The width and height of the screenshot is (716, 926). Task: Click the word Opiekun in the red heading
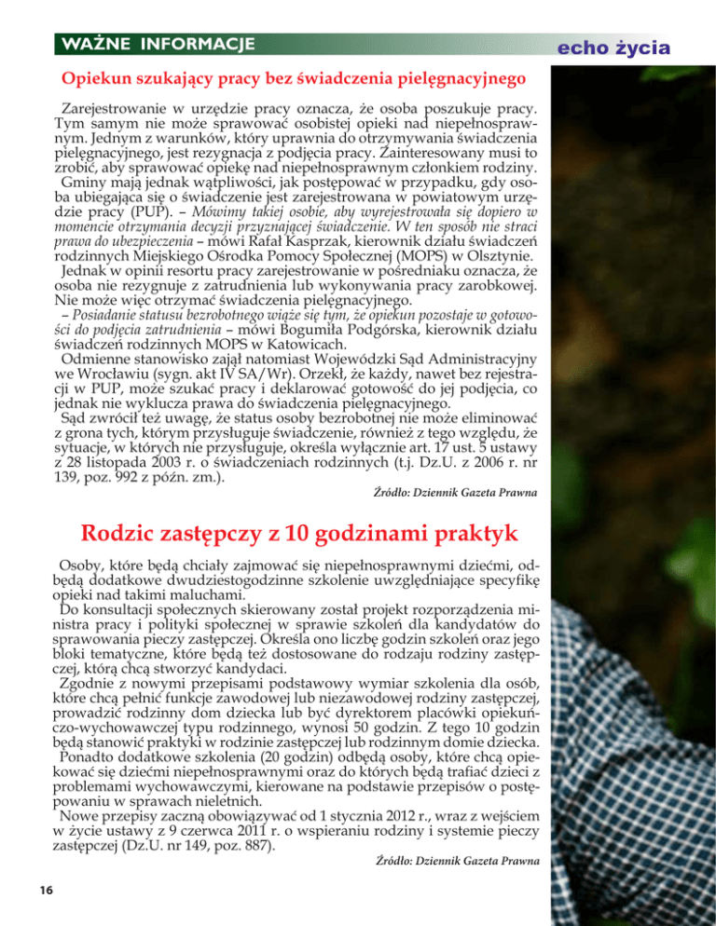pyautogui.click(x=97, y=80)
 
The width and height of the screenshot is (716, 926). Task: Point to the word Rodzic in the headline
pyautogui.click(x=123, y=534)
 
